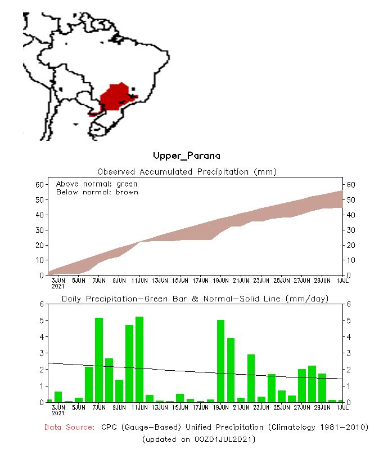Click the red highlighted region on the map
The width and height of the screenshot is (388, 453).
tap(115, 97)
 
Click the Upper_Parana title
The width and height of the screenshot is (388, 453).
tap(187, 156)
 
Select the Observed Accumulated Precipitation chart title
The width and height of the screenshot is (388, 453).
tap(187, 171)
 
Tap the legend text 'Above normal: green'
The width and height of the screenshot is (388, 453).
tap(97, 184)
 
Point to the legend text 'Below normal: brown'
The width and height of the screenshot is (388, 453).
tap(97, 192)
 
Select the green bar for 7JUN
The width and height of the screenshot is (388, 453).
tap(99, 360)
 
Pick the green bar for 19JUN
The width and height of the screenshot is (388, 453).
tap(221, 361)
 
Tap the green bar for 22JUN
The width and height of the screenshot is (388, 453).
tap(251, 378)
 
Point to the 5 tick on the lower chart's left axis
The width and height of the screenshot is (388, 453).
tap(41, 321)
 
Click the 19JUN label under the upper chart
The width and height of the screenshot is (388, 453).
tap(221, 280)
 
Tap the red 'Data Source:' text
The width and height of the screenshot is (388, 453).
tap(70, 428)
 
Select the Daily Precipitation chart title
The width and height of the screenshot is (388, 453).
tap(195, 299)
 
